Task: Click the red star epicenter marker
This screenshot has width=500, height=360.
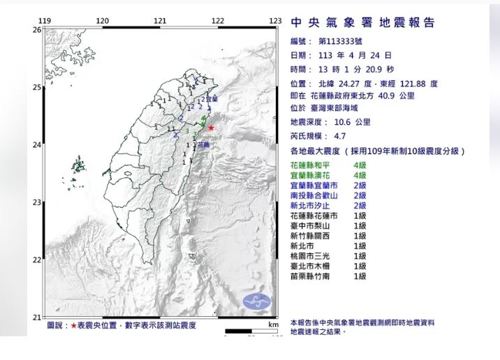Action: pos(211,128)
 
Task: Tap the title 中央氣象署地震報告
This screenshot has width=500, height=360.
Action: pos(362,22)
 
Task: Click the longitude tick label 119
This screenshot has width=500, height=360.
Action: pos(46,22)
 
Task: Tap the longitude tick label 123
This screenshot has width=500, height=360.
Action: pos(274,22)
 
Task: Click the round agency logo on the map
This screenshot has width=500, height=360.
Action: pos(256,302)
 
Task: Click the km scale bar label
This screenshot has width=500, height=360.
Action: pos(273,325)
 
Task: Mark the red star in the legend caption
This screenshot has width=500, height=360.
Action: pos(73,326)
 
